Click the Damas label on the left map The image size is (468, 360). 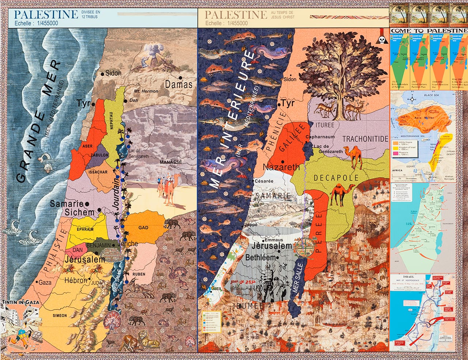tap(178, 85)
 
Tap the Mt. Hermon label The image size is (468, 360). tap(146, 91)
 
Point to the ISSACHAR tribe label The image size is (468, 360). tap(98, 172)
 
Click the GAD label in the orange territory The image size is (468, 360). tap(143, 228)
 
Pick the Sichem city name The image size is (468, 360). tap(80, 212)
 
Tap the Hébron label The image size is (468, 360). tap(76, 281)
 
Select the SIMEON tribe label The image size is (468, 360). tap(60, 315)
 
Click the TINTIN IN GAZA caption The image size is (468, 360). tap(20, 302)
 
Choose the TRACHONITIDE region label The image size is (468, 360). tap(365, 139)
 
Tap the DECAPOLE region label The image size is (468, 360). tap(336, 178)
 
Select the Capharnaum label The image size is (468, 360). tap(320, 137)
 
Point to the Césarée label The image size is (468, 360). tap(264, 181)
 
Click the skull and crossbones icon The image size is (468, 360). tap(382, 41)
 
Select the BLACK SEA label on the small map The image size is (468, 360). tap(431, 95)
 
